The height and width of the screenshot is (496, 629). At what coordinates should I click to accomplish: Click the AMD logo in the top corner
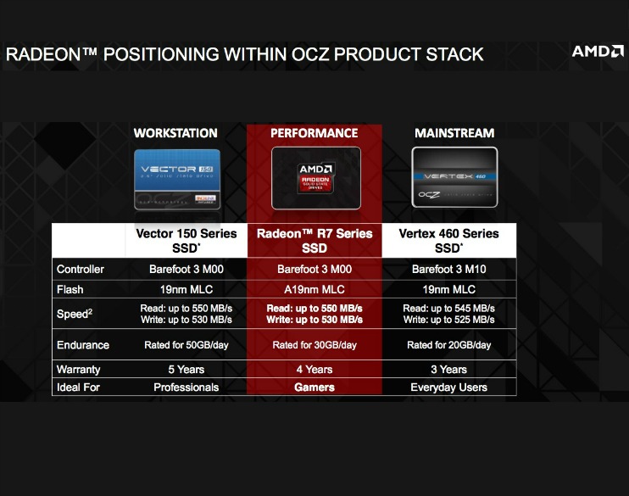[597, 51]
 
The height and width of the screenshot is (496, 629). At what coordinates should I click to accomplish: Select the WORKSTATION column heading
[175, 133]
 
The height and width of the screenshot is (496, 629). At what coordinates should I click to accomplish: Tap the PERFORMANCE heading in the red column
[314, 133]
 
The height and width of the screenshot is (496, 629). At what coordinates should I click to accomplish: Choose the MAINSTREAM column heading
[454, 133]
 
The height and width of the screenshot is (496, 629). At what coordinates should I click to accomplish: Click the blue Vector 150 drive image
[176, 180]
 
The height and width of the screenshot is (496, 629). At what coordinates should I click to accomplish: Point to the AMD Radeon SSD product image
[315, 178]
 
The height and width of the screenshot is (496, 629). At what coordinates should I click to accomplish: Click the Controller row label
[81, 270]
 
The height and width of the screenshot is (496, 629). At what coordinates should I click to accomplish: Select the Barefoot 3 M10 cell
[448, 270]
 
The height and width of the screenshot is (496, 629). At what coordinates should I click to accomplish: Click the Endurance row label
[83, 345]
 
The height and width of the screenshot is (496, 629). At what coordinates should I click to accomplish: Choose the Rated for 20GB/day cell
[448, 345]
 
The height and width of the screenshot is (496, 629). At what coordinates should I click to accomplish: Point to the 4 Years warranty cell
[314, 370]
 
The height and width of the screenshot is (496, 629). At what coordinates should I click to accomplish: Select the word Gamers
[314, 387]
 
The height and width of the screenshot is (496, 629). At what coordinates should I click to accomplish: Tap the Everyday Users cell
[448, 387]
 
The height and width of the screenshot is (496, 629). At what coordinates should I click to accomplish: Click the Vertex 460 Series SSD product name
[448, 240]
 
